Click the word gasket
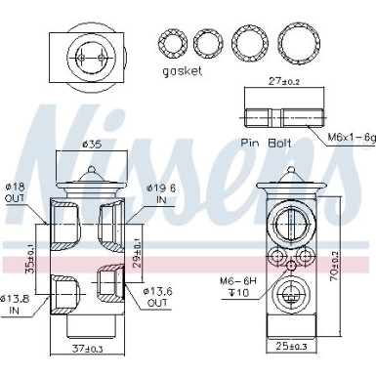click(x=183, y=72)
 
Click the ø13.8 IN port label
click(x=16, y=303)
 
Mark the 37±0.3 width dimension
click(x=89, y=350)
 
